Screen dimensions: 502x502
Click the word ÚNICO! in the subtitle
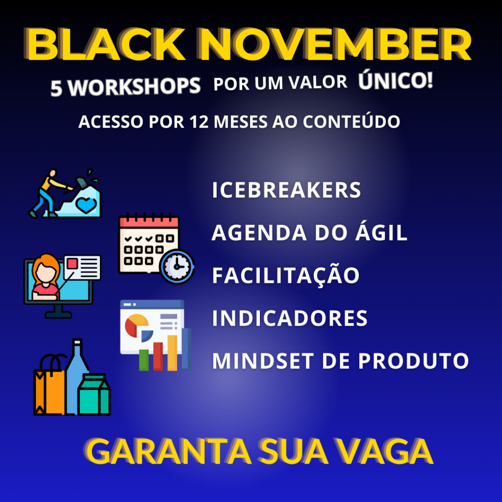click(x=396, y=80)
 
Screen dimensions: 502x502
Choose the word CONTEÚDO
click(x=351, y=122)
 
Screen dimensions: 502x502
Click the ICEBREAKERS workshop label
click(x=286, y=190)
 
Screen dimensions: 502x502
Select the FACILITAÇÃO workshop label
click(x=286, y=275)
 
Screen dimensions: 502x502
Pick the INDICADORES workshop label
click(x=290, y=318)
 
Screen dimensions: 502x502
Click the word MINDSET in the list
click(x=263, y=361)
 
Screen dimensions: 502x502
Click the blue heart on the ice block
click(x=85, y=205)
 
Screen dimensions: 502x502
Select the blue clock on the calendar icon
click(x=176, y=266)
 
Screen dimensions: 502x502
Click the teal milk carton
click(x=94, y=395)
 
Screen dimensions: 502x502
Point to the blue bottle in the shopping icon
click(x=76, y=376)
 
